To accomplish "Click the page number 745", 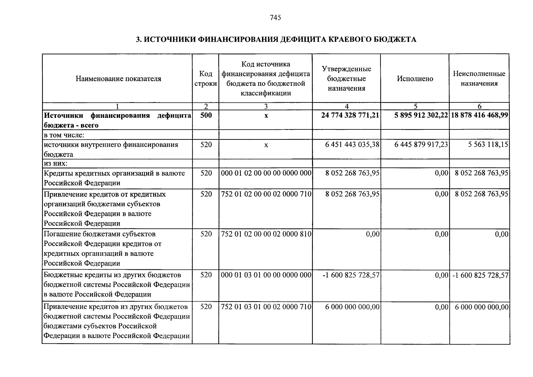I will pyautogui.click(x=275, y=18).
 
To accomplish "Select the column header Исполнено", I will pyautogui.click(x=415, y=79).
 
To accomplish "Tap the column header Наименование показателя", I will pyautogui.click(x=118, y=79).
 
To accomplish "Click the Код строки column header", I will pyautogui.click(x=206, y=79).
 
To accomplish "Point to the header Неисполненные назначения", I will pyautogui.click(x=479, y=79).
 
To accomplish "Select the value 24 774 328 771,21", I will pyautogui.click(x=350, y=115).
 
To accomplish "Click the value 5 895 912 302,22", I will pyautogui.click(x=421, y=115).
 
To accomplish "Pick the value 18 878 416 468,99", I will pyautogui.click(x=479, y=115).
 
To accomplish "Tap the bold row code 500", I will pyautogui.click(x=206, y=115).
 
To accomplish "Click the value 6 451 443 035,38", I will pyautogui.click(x=352, y=145).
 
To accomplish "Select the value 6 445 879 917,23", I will pyautogui.click(x=421, y=145).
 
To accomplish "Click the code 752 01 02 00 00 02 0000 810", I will pyautogui.click(x=266, y=234).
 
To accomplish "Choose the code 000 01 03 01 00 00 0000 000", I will pyautogui.click(x=266, y=275).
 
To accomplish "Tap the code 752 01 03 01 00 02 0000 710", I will pyautogui.click(x=266, y=307).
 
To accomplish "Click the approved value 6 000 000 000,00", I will pyautogui.click(x=352, y=307).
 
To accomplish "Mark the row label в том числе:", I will pyautogui.click(x=64, y=135).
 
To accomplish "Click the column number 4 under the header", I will pyautogui.click(x=347, y=107).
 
